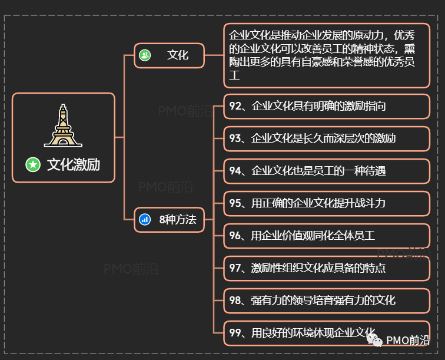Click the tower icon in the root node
(63, 125)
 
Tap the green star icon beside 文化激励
(33, 164)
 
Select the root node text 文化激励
(74, 164)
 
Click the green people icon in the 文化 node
(145, 55)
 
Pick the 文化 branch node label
(177, 55)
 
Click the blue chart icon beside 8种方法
(145, 220)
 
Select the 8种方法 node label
(177, 220)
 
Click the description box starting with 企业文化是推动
(327, 56)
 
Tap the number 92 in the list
(235, 106)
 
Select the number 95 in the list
(235, 203)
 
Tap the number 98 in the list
(235, 300)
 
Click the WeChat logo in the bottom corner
(374, 340)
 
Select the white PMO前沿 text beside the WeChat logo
(408, 341)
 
